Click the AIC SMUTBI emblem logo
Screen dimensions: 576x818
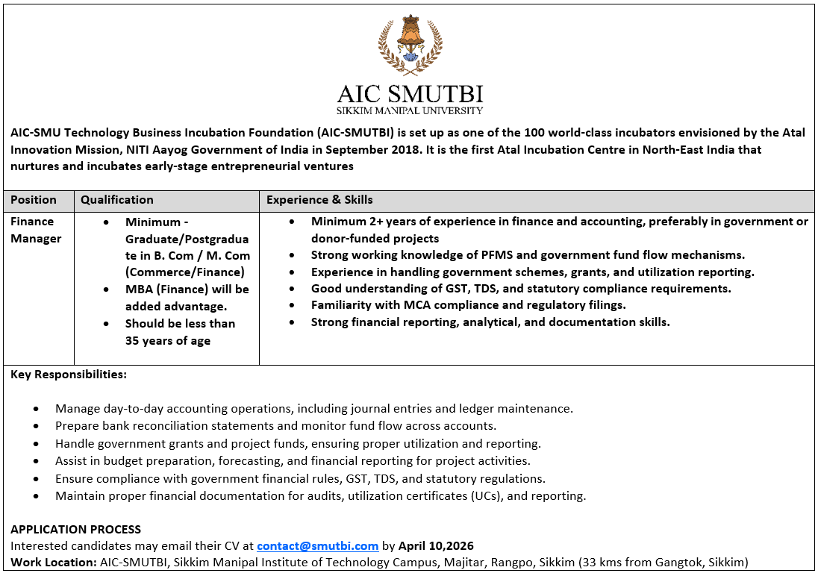[410, 45]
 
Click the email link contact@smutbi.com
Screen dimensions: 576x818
[318, 546]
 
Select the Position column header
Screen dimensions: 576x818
[34, 200]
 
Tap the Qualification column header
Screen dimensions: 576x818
[117, 200]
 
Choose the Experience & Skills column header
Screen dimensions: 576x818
[319, 200]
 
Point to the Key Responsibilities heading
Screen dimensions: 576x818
[69, 375]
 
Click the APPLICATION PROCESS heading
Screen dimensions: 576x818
[75, 530]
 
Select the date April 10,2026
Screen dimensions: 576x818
[436, 546]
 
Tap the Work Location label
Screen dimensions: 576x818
[54, 563]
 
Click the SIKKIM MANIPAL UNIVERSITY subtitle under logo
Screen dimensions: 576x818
[410, 110]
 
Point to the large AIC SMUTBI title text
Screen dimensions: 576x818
[410, 94]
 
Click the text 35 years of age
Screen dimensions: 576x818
[168, 341]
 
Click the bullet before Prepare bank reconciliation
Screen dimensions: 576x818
[37, 426]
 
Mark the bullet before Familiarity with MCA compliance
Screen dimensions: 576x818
[293, 306]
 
